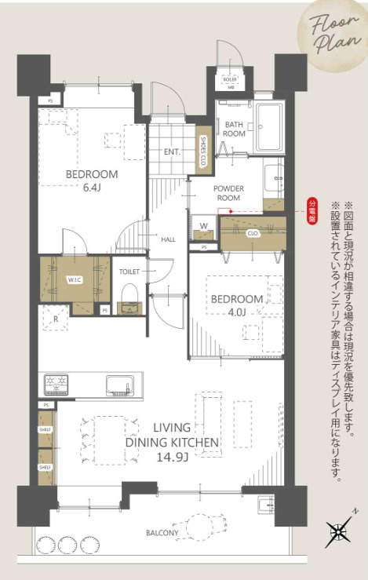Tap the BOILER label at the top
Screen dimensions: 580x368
[x=230, y=79]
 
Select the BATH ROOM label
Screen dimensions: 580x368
[x=235, y=129]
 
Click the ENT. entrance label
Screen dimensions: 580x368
[x=173, y=152]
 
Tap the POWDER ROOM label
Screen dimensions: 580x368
[x=228, y=193]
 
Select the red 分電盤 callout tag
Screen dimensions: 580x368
[x=309, y=214]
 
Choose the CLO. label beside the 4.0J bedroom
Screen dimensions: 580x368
[x=253, y=233]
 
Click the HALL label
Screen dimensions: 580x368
[x=168, y=239]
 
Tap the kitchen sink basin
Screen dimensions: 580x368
[x=119, y=385]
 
